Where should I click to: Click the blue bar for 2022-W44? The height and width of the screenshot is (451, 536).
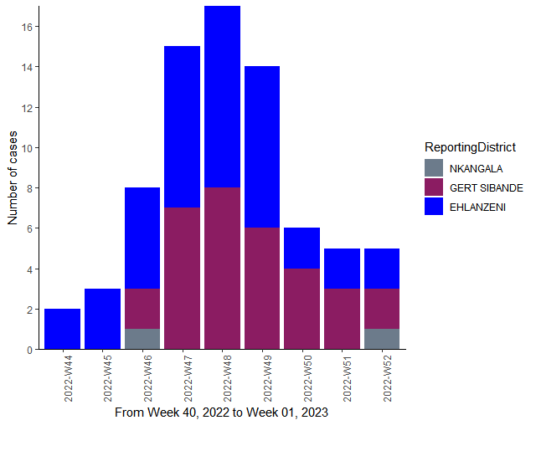(63, 329)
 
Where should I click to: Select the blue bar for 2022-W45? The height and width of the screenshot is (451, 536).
(102, 319)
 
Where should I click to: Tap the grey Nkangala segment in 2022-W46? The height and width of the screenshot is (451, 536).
(142, 339)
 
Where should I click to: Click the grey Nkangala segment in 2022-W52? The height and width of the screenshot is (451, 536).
(382, 339)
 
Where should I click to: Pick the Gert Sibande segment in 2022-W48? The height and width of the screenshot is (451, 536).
(222, 269)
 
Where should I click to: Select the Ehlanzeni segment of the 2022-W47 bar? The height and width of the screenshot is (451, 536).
(183, 126)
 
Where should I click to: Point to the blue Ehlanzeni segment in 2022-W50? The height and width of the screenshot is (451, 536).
(302, 249)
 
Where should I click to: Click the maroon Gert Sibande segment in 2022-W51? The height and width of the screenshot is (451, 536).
(343, 319)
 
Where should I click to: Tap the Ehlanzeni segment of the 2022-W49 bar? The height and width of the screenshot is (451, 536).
(262, 146)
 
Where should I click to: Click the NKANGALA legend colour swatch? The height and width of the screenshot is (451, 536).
(434, 168)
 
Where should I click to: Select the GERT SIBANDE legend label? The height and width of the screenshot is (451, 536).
(487, 188)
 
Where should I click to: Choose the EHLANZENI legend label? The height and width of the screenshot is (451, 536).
(477, 208)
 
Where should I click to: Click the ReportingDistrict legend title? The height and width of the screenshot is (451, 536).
(470, 147)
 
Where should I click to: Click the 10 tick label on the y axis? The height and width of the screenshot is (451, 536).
(27, 148)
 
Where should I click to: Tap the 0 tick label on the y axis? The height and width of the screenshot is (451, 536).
(30, 350)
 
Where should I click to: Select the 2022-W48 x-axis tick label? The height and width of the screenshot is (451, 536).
(227, 378)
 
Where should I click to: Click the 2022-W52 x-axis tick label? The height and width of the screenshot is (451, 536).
(387, 378)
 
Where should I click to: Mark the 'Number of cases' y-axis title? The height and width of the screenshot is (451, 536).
(13, 178)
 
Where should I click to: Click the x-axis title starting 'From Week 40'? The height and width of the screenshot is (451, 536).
(221, 413)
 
